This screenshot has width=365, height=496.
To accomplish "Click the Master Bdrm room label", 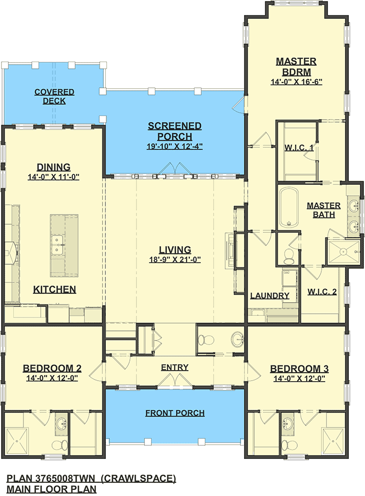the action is click(296, 66).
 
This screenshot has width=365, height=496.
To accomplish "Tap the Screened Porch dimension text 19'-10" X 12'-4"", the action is click(175, 147).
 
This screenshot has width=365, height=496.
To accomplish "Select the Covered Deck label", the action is click(54, 96).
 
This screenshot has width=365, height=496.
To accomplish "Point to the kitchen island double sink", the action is click(57, 244).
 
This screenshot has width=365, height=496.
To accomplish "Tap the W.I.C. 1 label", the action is click(299, 147).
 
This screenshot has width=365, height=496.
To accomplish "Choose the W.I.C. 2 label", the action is click(322, 292).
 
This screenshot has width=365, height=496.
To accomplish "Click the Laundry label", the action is click(270, 296).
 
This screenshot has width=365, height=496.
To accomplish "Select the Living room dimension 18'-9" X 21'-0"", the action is click(175, 259).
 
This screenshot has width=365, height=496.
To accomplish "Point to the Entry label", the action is click(175, 367).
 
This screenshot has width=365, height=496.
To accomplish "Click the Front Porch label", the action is click(175, 413).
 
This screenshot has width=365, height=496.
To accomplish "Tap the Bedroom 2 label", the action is click(52, 368).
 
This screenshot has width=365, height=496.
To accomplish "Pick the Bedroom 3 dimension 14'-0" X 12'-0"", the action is click(299, 379).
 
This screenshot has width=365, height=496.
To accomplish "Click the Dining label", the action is click(53, 167).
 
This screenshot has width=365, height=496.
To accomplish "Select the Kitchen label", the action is click(55, 289).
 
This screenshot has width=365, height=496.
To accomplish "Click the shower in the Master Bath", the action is click(343, 252).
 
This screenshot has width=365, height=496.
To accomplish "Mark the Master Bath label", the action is click(324, 210).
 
